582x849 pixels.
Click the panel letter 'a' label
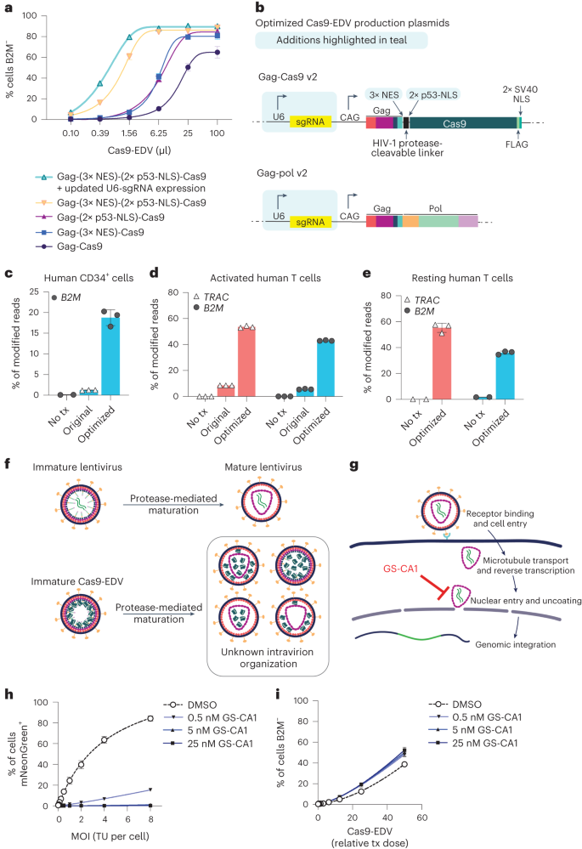[x=8, y=8]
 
